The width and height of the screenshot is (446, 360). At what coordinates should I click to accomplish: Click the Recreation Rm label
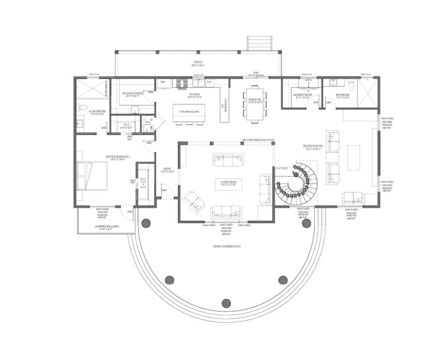pos(313,146)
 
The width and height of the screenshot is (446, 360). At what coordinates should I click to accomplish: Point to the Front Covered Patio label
pos(227,246)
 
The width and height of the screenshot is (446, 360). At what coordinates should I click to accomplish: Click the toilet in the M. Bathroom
pos(83,107)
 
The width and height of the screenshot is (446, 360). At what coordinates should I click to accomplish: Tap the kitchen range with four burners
pos(182,82)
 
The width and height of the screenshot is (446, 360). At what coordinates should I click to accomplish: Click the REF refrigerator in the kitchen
pos(163,82)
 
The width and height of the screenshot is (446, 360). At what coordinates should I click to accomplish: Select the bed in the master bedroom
pos(92,177)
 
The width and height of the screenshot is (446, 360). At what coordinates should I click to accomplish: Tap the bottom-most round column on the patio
pos(226,303)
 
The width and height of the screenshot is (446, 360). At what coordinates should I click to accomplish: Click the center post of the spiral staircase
pos(296,173)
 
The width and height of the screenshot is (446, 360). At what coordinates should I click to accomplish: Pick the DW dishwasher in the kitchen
pos(209,82)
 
